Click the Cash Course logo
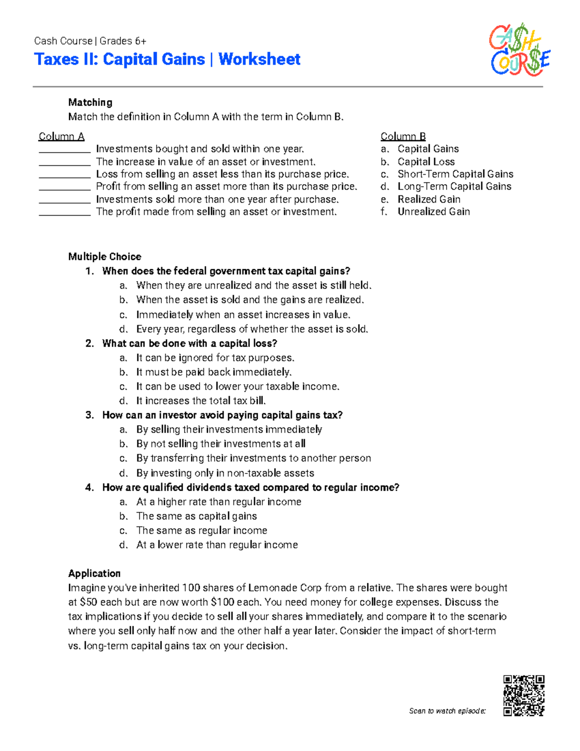[x=520, y=51]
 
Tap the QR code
[x=523, y=695]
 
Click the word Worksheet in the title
[x=259, y=59]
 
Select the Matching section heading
[x=90, y=103]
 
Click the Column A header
[x=61, y=136]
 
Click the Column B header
[x=403, y=136]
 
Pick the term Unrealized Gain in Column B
[x=434, y=212]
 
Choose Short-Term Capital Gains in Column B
[x=455, y=174]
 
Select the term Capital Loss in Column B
[x=426, y=162]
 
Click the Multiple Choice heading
[x=105, y=257]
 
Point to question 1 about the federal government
[x=226, y=271]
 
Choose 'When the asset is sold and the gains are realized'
[x=250, y=300]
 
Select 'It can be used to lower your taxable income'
[x=238, y=386]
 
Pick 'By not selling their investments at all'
[x=220, y=444]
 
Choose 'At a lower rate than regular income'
[x=217, y=545]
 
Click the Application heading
[x=94, y=574]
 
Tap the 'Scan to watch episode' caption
[x=447, y=711]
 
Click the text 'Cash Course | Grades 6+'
[x=90, y=41]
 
